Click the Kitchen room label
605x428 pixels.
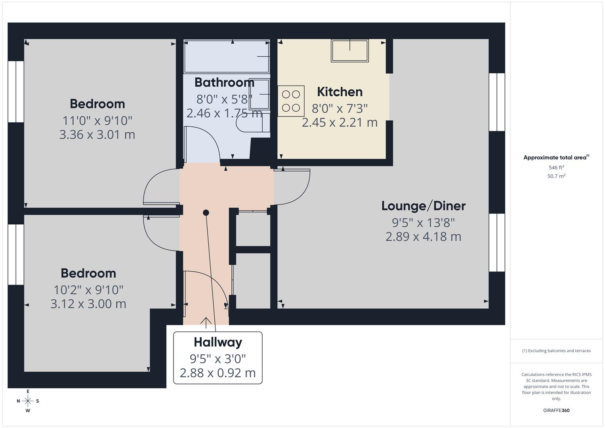tap(340, 92)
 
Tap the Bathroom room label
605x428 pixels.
tap(224, 82)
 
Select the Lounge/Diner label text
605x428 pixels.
tap(423, 206)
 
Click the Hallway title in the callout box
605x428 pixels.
tap(218, 342)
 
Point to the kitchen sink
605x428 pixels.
tap(350, 51)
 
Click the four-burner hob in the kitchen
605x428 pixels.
tap(291, 101)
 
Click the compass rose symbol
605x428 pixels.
tap(28, 401)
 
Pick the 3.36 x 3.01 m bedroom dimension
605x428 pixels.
tap(97, 135)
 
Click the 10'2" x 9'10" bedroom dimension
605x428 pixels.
tap(88, 290)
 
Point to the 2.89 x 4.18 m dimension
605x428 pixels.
tap(423, 237)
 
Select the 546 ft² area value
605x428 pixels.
tap(556, 168)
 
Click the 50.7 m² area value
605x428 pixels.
tap(556, 176)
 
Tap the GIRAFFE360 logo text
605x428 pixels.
tap(556, 411)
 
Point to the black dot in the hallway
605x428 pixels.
tap(206, 213)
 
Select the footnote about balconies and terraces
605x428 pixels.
tap(556, 351)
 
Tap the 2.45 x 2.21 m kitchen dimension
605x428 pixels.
tap(340, 123)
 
